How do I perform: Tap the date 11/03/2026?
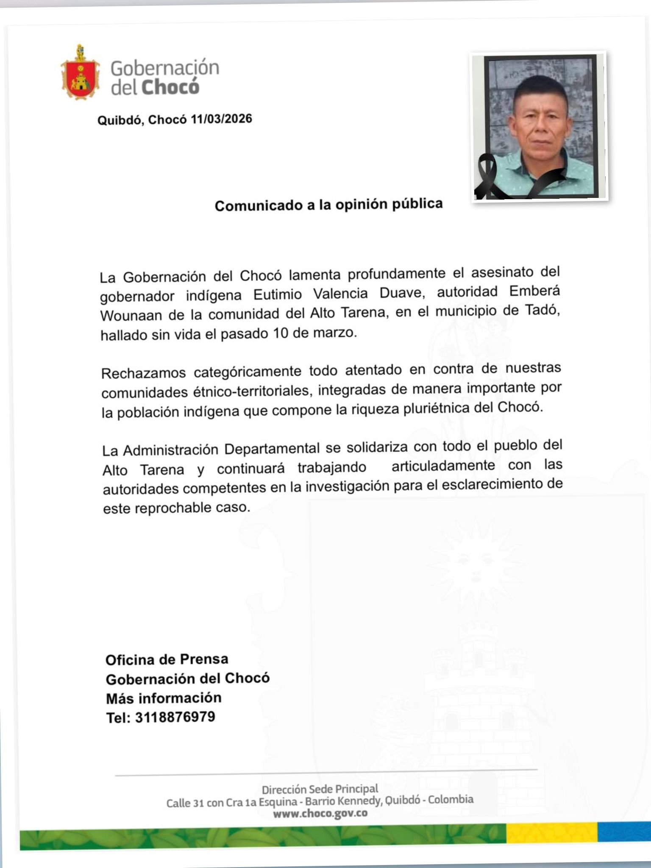[x=221, y=119]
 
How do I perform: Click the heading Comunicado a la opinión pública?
[x=328, y=205]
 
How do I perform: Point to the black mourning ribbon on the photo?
[x=487, y=178]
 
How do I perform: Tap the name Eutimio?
[x=278, y=294]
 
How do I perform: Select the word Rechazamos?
[x=143, y=373]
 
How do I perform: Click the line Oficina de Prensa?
[x=167, y=659]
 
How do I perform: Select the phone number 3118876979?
[x=175, y=717]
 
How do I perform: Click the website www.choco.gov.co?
[x=320, y=813]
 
